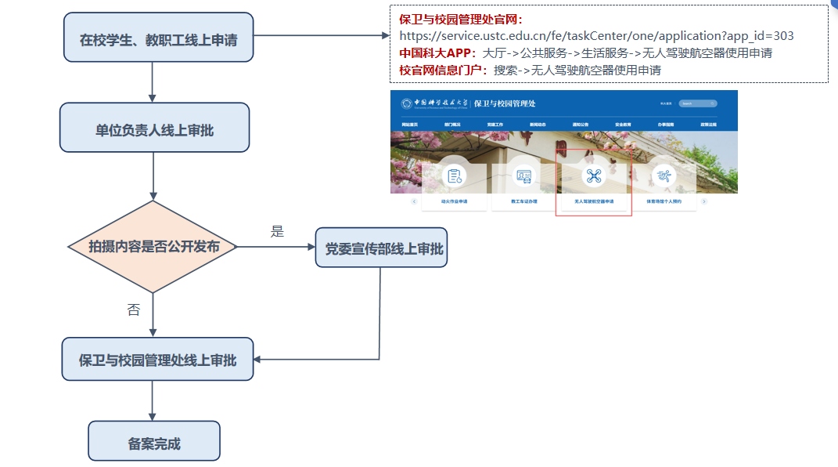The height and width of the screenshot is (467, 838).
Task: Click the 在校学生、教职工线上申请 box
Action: tap(158, 38)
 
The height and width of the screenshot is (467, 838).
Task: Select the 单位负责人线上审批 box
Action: tap(154, 129)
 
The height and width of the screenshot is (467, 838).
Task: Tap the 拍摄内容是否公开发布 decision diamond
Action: tap(153, 247)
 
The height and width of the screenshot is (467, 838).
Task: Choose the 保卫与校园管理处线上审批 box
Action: tap(157, 360)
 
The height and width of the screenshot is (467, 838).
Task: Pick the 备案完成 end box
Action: tap(153, 443)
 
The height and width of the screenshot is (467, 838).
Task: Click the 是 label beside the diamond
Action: tap(277, 231)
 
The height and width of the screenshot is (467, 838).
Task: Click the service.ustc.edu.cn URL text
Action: tap(596, 36)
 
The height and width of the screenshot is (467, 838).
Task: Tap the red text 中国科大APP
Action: tap(437, 53)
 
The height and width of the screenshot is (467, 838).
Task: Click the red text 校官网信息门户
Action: tap(443, 70)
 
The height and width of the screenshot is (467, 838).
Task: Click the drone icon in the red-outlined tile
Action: tap(593, 176)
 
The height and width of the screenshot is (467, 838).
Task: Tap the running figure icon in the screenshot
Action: tap(664, 176)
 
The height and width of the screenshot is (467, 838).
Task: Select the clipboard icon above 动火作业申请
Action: tap(455, 176)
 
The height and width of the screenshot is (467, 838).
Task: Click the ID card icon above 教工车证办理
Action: tap(523, 176)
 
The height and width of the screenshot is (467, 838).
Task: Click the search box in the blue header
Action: tap(697, 103)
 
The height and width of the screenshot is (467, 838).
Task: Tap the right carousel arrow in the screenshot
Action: tap(703, 201)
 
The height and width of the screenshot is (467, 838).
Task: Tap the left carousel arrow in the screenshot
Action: tap(414, 201)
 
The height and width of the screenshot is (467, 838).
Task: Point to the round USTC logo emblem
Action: tap(405, 103)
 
